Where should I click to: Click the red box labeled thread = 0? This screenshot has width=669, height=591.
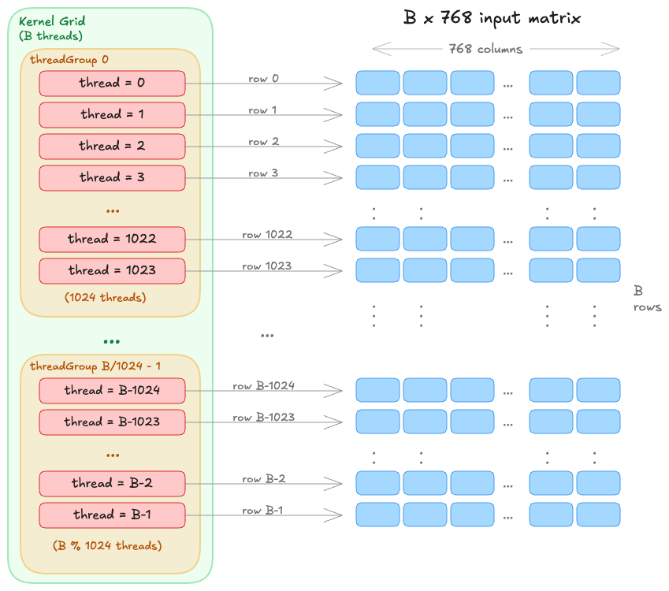pos(112,84)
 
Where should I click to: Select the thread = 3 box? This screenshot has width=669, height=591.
pos(112,178)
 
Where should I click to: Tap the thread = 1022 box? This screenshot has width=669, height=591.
pos(112,240)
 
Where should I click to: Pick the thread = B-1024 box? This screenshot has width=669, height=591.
pos(112,391)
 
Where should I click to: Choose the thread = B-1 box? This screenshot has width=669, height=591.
pos(112,515)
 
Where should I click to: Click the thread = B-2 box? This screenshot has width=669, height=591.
pos(112,484)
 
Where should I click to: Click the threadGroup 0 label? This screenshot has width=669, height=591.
pos(69,60)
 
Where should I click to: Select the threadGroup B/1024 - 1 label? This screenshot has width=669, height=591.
pos(94,366)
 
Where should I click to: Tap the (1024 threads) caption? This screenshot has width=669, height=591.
pos(105,298)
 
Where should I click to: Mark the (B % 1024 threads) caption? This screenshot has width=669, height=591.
pos(107,545)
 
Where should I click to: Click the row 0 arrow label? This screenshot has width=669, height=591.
pos(263,79)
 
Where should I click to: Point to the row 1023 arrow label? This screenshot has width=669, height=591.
pos(266,266)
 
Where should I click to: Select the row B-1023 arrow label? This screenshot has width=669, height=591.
pos(263,418)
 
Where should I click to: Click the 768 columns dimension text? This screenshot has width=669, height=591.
pos(485,49)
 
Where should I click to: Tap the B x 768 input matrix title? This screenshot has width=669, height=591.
pos(492,18)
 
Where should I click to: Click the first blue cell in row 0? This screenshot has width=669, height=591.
pos(377,83)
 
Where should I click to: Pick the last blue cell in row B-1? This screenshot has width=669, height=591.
pos(598,515)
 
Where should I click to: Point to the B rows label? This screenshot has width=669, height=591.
pos(646,299)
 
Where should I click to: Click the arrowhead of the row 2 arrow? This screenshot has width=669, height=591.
pos(339,147)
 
